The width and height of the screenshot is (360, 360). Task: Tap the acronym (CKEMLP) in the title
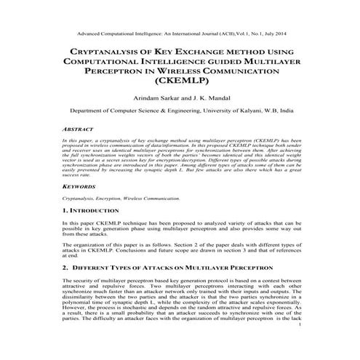tap(180, 84)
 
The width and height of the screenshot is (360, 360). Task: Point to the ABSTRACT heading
tap(79, 127)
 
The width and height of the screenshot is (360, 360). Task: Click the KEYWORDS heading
tap(80, 187)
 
